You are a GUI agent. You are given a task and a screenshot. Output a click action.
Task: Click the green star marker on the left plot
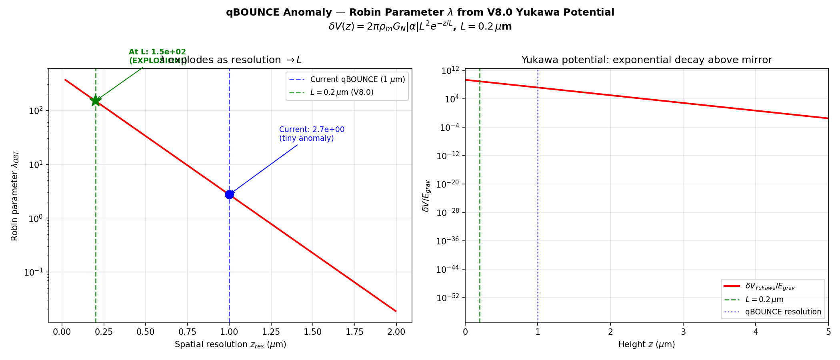[x=96, y=100]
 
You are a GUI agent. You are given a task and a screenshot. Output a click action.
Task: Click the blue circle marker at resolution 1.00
[x=229, y=194]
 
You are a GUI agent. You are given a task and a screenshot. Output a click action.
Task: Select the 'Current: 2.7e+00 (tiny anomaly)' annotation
[x=312, y=134]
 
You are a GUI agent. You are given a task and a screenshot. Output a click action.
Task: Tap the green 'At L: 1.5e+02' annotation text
[x=157, y=52]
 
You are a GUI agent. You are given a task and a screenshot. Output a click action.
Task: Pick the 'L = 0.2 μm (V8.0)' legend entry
[x=342, y=92]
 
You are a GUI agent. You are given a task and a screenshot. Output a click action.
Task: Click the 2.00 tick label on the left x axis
[x=396, y=332]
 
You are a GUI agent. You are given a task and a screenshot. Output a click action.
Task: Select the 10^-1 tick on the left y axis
[x=34, y=272]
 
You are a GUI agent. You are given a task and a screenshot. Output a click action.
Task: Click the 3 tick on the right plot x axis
[x=683, y=332]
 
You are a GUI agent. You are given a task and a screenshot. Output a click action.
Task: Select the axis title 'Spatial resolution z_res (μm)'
[x=230, y=344]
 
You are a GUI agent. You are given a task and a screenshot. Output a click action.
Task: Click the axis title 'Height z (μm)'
[x=646, y=344]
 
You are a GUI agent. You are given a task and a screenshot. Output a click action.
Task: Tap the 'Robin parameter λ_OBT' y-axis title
[x=15, y=196]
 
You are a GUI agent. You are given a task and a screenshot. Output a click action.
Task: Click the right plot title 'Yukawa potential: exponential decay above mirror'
[x=646, y=60]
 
